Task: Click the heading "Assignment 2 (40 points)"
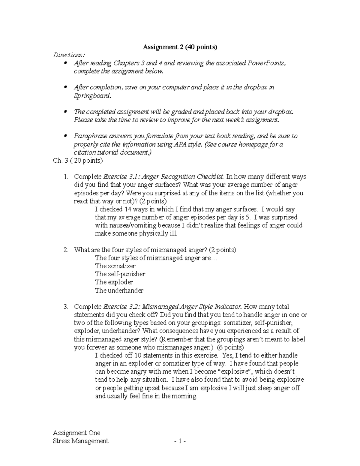180,47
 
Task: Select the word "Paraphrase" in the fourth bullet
88,136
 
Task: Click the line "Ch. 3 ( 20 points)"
78,161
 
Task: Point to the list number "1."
66,177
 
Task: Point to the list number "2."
66,250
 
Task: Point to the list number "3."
66,307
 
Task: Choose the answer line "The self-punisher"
120,274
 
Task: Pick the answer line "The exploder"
114,282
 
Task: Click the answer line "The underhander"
119,290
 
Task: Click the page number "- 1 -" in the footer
180,441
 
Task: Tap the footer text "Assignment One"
76,433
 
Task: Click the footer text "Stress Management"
80,441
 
